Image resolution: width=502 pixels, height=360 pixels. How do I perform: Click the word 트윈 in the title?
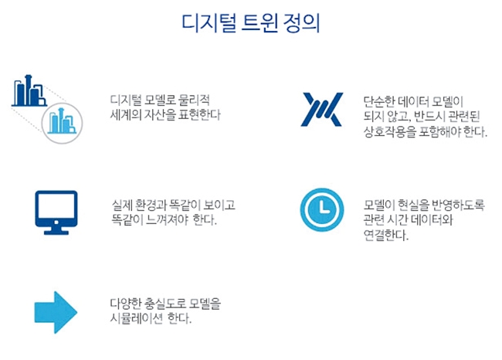coord(259,23)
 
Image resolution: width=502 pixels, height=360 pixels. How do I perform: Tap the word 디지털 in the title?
coord(209,23)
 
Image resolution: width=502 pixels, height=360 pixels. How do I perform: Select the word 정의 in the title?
coord(301,23)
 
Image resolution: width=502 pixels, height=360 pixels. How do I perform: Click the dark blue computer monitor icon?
coord(56,212)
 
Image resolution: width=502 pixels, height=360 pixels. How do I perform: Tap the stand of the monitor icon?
coord(56,231)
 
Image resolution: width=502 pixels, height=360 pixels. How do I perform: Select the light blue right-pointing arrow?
coord(56,312)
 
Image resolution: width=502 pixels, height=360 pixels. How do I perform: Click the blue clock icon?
coord(322,210)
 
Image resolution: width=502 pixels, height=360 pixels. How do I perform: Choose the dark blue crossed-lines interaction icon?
coord(322,110)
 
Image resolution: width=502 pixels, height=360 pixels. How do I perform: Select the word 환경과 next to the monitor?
coord(150,205)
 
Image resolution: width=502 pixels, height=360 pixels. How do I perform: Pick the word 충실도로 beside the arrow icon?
coord(165,304)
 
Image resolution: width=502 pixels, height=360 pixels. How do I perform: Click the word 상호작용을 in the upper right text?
coord(389,131)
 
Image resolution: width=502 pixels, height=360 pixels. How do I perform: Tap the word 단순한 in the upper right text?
coord(379,101)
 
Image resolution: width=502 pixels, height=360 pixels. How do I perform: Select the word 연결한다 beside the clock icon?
coord(386,236)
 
